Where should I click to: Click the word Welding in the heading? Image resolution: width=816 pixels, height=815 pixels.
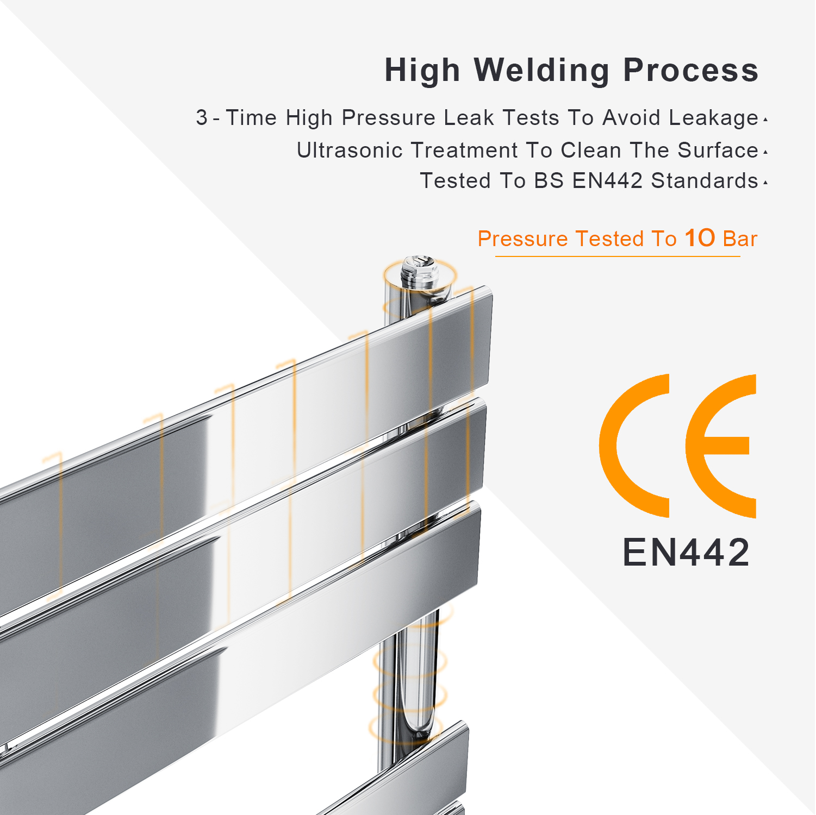click(x=541, y=71)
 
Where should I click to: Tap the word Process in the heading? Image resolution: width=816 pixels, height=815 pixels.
click(x=690, y=71)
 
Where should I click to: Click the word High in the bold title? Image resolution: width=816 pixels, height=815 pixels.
click(x=422, y=71)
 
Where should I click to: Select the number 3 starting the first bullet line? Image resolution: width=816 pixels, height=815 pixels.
click(x=202, y=117)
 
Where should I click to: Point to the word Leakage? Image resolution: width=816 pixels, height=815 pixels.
click(x=713, y=118)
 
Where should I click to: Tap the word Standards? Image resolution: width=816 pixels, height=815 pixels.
click(x=705, y=180)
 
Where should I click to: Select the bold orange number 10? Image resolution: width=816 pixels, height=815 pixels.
click(x=700, y=238)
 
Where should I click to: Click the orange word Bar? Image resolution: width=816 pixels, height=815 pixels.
click(x=740, y=239)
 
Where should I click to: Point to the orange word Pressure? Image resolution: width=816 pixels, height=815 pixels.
click(x=523, y=239)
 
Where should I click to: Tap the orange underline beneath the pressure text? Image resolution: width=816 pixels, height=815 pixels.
click(x=618, y=256)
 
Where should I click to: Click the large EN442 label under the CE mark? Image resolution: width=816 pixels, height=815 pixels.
click(x=686, y=553)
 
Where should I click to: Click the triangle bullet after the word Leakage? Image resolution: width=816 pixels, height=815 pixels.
click(x=765, y=120)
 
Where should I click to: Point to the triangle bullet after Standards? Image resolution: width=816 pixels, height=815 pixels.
click(x=765, y=183)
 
